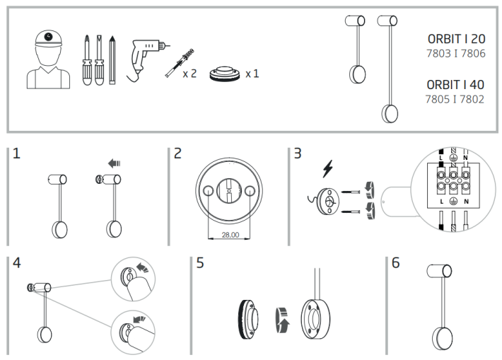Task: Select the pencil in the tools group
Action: (111, 59)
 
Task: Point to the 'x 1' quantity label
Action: (252, 73)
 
